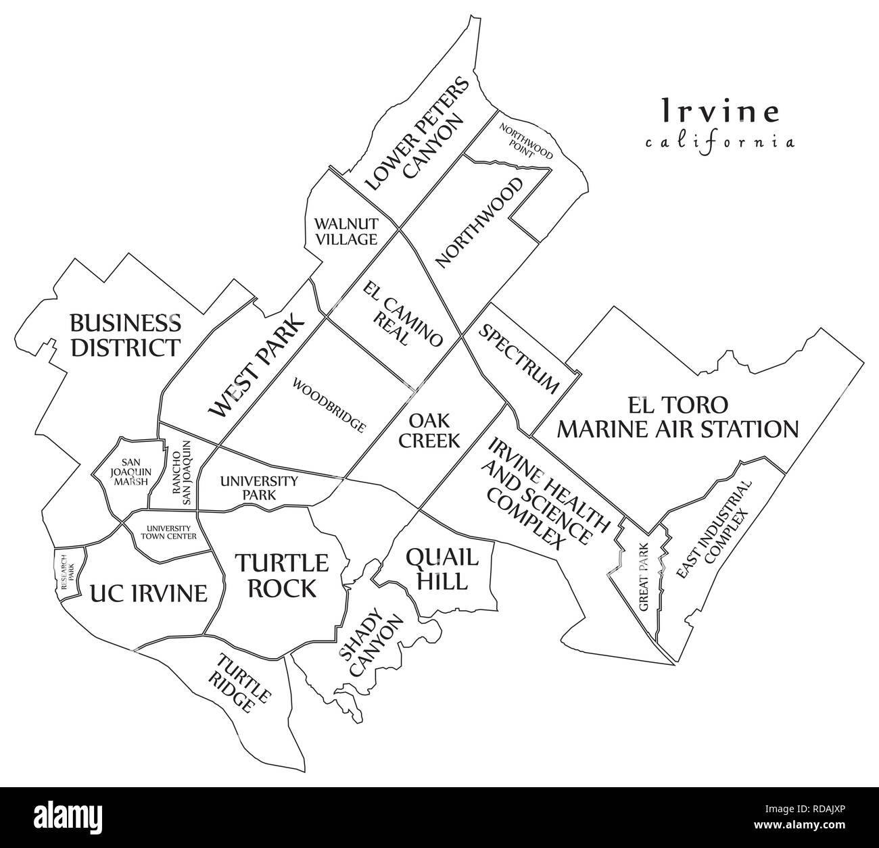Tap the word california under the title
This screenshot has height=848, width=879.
pyautogui.click(x=719, y=143)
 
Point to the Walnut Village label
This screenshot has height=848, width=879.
pyautogui.click(x=345, y=230)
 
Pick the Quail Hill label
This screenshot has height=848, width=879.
pyautogui.click(x=442, y=568)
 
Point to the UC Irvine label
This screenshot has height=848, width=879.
pyautogui.click(x=148, y=593)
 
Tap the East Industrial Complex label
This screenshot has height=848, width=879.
pyautogui.click(x=713, y=531)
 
